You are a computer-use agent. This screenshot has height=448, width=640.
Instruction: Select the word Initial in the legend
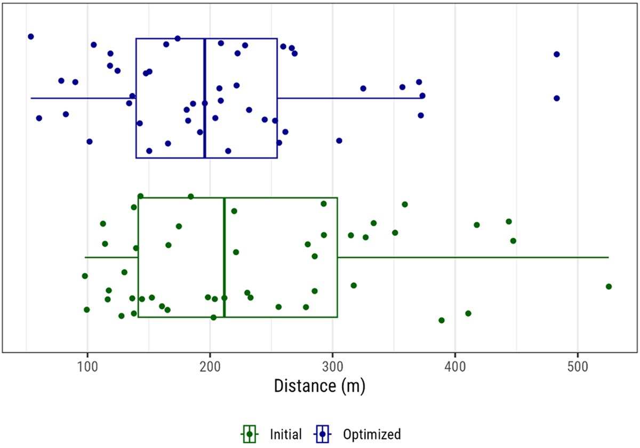286,434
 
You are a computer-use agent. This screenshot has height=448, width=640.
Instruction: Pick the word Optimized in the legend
372,434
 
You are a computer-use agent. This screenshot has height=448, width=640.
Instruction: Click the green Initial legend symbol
249,434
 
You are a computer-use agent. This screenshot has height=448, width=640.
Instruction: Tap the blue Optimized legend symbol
323,434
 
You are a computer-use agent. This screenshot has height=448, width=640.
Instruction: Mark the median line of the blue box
205,98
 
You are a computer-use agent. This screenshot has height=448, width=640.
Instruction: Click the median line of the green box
225,257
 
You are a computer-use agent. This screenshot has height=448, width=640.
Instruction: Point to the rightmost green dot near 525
609,287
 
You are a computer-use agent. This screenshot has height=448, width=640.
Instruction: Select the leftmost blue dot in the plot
31,37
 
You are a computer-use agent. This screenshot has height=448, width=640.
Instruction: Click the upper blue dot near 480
557,54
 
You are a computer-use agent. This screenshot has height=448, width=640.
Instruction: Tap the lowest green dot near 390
442,320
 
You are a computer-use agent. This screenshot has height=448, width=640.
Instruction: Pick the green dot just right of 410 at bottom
468,313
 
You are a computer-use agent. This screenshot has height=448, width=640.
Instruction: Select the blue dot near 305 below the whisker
339,141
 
